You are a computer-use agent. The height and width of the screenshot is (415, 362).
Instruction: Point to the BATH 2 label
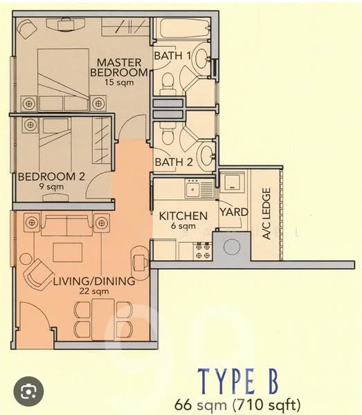tap(173, 163)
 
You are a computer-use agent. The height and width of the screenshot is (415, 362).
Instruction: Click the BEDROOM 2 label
tap(51, 176)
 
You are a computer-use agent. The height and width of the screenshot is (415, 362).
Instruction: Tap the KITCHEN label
tap(183, 216)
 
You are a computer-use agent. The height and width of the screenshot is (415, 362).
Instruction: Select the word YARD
tap(230, 212)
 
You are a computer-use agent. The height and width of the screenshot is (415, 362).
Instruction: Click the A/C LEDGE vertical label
tap(266, 214)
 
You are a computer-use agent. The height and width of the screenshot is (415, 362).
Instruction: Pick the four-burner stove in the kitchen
tap(204, 250)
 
